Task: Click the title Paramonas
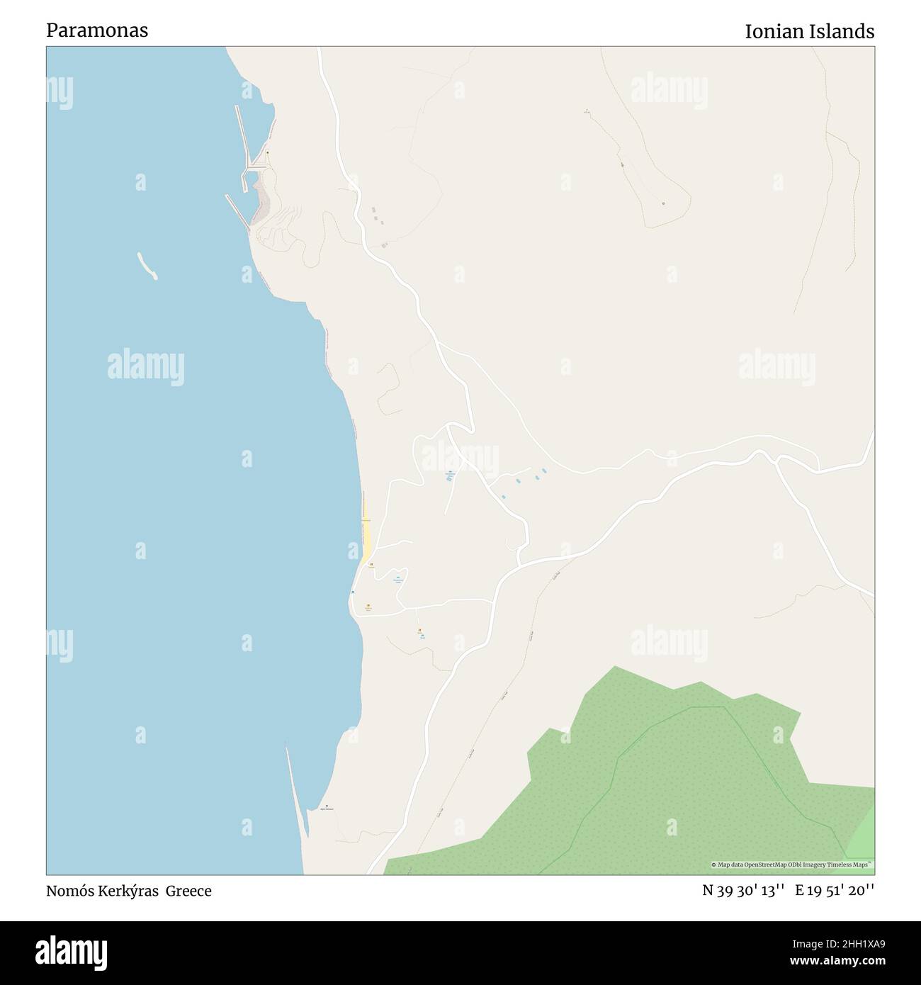coord(97,30)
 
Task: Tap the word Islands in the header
coord(843,31)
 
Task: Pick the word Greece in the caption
coord(188,891)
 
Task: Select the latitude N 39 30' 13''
coord(743,891)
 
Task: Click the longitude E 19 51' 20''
coord(835,891)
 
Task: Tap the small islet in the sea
coord(147,266)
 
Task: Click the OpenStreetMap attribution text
coord(792,865)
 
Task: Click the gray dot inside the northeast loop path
coord(664,203)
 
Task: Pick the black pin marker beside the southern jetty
coord(326,806)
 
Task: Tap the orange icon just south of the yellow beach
coord(371,565)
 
